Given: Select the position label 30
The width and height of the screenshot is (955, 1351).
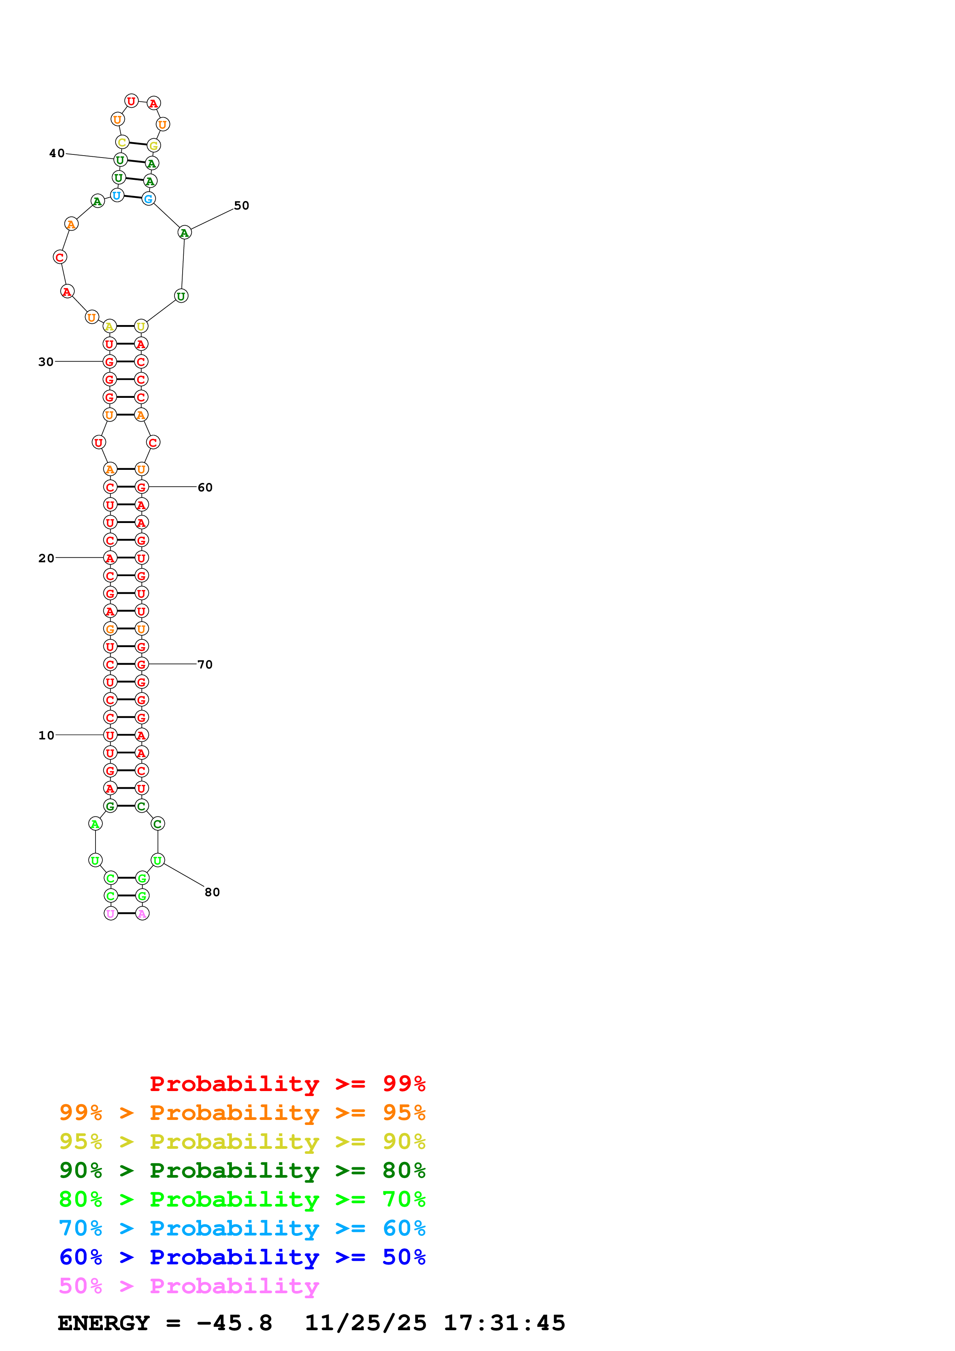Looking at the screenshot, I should (x=46, y=362).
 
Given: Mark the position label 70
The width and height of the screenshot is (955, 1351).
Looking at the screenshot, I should (x=205, y=665).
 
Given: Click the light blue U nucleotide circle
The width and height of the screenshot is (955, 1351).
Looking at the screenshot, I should (x=117, y=195).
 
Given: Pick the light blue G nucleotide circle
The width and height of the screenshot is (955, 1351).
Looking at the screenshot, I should (x=148, y=199).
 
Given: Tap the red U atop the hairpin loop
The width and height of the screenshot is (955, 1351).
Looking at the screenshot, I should (x=131, y=101).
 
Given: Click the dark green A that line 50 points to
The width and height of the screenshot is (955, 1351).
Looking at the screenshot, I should (x=184, y=233).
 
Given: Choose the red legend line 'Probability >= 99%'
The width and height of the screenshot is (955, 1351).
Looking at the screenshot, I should (x=287, y=1084).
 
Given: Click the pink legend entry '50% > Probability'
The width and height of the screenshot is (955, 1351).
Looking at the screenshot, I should (x=188, y=1286).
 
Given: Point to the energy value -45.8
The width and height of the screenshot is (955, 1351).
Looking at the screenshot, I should (x=234, y=1323).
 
